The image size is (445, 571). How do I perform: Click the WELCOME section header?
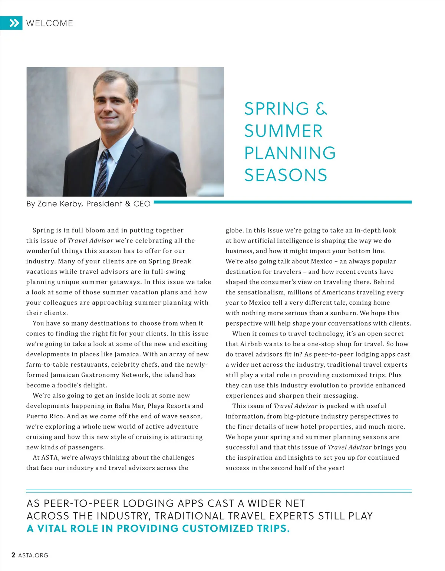(x=50, y=23)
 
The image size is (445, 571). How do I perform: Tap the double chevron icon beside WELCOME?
(x=14, y=23)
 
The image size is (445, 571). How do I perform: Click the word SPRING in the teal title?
(x=277, y=109)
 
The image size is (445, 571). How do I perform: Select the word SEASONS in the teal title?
(x=286, y=175)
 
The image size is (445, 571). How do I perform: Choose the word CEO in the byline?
(x=142, y=204)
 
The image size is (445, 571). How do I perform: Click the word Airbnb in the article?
(x=254, y=344)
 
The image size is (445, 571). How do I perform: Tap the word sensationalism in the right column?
(x=259, y=292)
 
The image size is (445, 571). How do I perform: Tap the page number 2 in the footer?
(x=13, y=555)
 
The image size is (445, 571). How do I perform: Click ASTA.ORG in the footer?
(x=33, y=555)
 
